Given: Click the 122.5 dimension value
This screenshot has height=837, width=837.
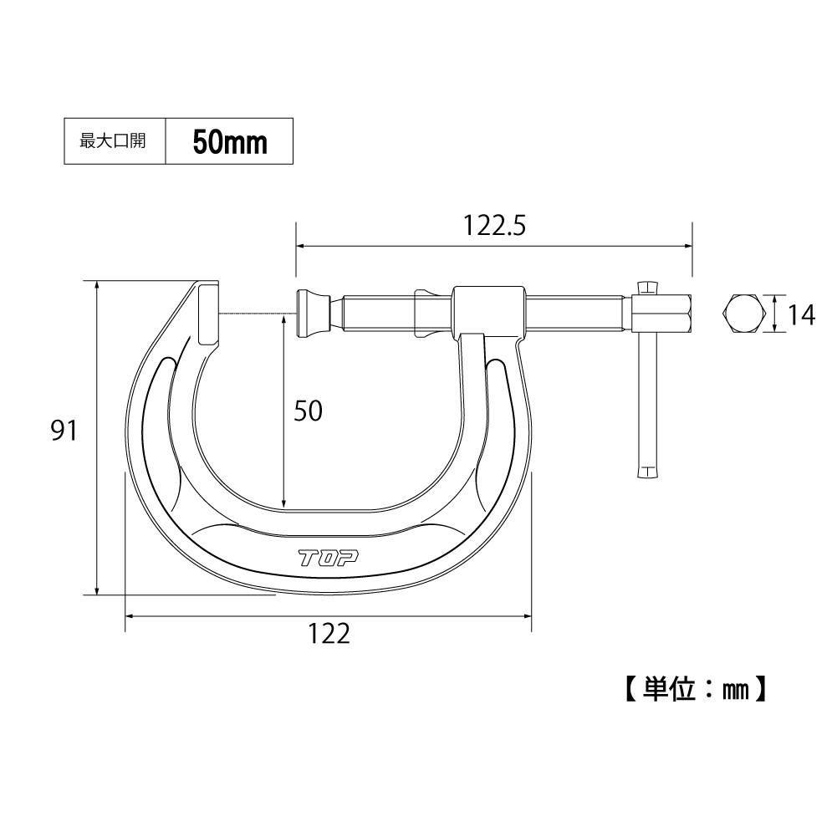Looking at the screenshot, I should click(493, 226).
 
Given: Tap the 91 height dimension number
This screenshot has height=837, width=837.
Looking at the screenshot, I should click(64, 431).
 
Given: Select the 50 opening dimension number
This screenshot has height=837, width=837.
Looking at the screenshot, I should click(307, 411).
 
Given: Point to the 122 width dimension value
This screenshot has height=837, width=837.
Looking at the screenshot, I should click(328, 635).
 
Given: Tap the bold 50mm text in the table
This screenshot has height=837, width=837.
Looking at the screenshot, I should click(230, 142).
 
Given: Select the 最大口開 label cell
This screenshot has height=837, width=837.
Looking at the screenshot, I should click(113, 142).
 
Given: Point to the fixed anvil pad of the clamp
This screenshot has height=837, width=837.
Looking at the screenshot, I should click(209, 315).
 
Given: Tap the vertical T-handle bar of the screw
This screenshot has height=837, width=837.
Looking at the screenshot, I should click(647, 393).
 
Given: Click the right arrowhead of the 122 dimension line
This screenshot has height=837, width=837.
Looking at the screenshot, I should click(528, 616).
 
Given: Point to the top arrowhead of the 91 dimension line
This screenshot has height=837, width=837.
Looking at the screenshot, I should click(98, 285).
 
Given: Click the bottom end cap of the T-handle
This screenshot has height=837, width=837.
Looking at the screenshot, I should click(647, 473).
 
